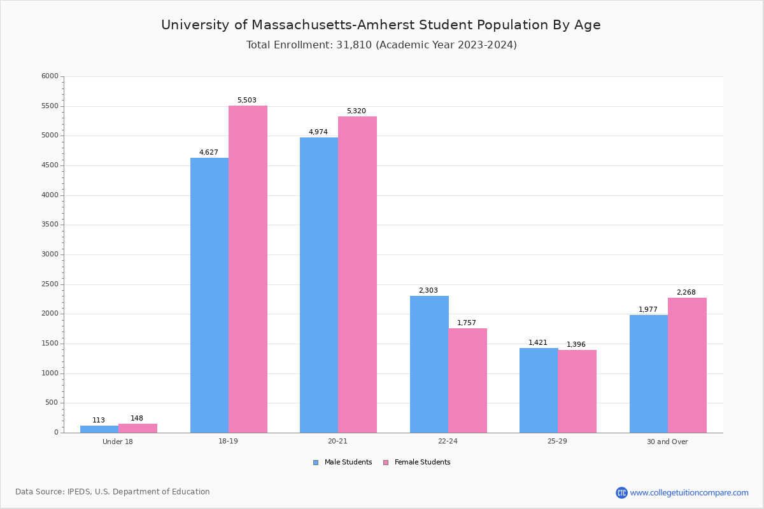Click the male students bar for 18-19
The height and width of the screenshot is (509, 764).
coord(209,295)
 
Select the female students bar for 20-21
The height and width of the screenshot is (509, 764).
coord(357,274)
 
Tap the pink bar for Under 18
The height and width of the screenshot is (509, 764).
coord(138,428)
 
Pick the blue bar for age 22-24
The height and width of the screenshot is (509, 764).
coord(429,364)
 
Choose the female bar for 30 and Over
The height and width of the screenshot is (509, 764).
coord(687,365)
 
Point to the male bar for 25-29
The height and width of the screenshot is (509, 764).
coord(539,390)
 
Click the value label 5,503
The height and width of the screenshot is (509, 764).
coord(247,101)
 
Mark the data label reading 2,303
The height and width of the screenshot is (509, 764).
coord(428,291)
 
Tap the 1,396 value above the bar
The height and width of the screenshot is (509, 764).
coord(576,345)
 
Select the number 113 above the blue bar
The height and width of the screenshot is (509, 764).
coord(99,421)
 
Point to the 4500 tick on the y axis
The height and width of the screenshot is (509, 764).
coord(50,165)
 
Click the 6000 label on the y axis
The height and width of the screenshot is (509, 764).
coord(50,76)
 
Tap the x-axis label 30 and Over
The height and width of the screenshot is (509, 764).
coord(667,442)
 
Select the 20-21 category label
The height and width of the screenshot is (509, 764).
coord(338,442)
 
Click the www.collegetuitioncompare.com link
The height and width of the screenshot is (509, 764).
coord(689,492)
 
